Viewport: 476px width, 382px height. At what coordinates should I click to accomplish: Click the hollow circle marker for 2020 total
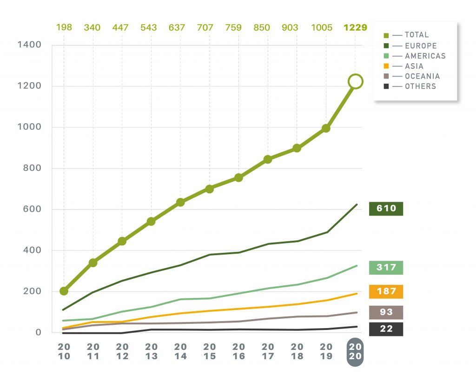(x=355, y=81)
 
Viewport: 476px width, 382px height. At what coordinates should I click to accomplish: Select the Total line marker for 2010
(x=64, y=291)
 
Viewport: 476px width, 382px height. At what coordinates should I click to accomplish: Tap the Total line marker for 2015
(x=210, y=189)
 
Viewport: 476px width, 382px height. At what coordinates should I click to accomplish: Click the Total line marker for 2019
(x=326, y=128)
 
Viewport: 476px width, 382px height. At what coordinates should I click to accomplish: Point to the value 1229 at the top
(x=355, y=27)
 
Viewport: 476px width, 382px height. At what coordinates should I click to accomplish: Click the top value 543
(x=152, y=27)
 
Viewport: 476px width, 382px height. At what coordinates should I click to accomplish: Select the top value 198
(x=64, y=27)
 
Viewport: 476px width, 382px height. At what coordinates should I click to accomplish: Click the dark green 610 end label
(x=386, y=209)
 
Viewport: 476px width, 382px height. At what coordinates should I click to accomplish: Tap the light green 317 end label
(x=386, y=268)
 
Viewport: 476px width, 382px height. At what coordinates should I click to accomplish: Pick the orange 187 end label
(x=386, y=291)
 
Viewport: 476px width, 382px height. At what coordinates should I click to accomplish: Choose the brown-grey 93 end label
(x=386, y=312)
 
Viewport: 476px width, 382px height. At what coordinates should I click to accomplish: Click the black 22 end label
(x=386, y=329)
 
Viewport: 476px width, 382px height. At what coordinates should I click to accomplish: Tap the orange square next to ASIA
(x=386, y=66)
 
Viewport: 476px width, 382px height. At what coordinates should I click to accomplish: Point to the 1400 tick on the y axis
(x=29, y=45)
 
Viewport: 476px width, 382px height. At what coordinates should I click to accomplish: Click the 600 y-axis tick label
(x=32, y=209)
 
